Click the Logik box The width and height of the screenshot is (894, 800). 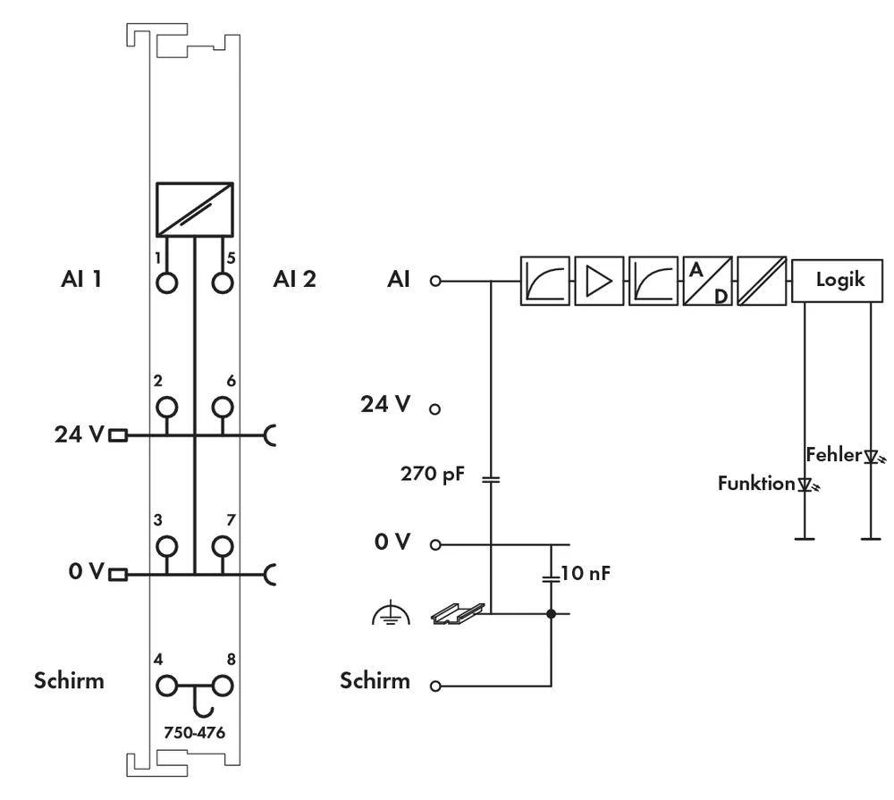[x=840, y=280]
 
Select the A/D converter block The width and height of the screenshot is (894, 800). [x=707, y=281]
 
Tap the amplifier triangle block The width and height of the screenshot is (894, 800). [x=599, y=281]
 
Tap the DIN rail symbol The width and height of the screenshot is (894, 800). [x=458, y=612]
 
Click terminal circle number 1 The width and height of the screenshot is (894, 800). [x=167, y=282]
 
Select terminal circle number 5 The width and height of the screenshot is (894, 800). [x=222, y=282]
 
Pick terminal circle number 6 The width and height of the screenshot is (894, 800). [x=222, y=408]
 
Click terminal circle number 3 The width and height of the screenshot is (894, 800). [x=167, y=545]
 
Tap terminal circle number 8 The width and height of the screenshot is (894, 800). [x=222, y=686]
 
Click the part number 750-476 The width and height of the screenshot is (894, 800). [x=194, y=733]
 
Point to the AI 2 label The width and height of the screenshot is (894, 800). [x=294, y=280]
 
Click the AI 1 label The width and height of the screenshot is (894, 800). [x=80, y=280]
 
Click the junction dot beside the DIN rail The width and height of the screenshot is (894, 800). [x=550, y=614]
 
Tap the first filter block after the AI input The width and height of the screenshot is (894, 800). [x=544, y=281]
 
